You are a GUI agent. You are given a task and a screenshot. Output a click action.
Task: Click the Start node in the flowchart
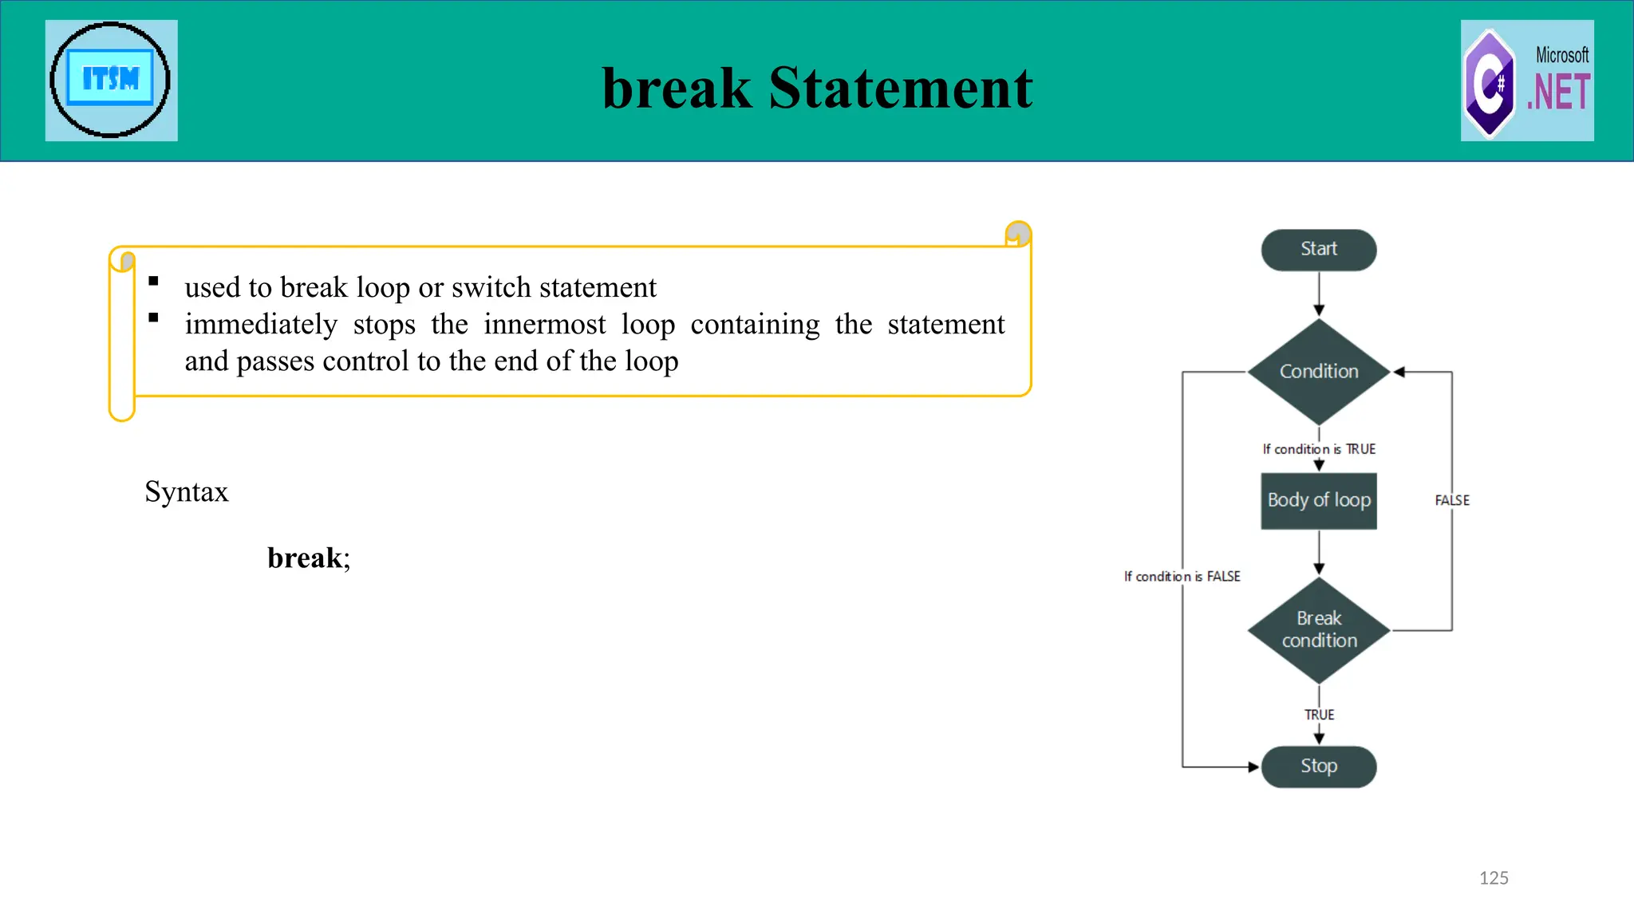click(1318, 250)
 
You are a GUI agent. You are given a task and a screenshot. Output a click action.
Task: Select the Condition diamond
click(1318, 372)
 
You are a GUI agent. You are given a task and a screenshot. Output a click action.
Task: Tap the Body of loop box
click(1318, 501)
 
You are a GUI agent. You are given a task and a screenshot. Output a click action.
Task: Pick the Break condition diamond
click(1318, 630)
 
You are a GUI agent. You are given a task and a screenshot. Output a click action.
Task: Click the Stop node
click(1318, 767)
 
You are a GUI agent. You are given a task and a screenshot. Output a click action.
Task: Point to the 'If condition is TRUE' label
click(1318, 449)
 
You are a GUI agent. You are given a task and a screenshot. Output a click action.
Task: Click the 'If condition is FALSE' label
click(1182, 577)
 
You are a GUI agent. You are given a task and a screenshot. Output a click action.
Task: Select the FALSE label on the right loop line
click(1451, 501)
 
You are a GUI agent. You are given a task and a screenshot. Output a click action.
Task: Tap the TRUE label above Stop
click(1318, 715)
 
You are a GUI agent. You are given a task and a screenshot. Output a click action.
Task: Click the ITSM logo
click(111, 81)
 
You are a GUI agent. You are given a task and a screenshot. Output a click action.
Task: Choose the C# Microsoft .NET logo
click(1526, 81)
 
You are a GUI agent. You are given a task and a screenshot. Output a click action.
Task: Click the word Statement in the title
click(900, 88)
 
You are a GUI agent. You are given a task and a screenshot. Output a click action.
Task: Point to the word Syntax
click(187, 492)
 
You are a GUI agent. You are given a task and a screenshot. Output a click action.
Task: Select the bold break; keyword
click(308, 558)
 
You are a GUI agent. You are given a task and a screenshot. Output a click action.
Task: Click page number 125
click(1493, 878)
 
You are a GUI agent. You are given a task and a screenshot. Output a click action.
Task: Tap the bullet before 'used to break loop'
click(154, 281)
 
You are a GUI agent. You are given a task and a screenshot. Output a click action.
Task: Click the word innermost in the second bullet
click(544, 325)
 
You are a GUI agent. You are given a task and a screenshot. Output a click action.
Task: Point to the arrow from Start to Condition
click(1318, 294)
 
